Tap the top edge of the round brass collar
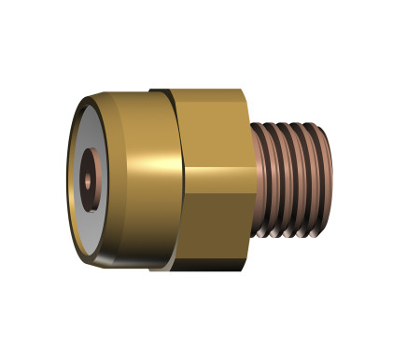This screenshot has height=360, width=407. tap(131, 92)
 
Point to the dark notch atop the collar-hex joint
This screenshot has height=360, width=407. tap(163, 90)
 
